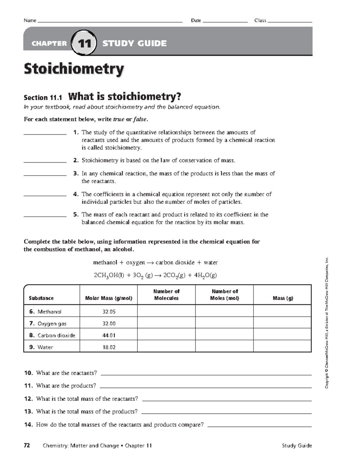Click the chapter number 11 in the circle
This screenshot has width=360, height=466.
[84, 44]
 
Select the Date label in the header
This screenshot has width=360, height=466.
[196, 20]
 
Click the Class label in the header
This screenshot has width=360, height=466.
[260, 20]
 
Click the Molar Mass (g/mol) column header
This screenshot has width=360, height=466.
[109, 298]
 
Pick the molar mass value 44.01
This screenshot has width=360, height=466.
[109, 335]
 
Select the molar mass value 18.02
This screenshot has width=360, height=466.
[109, 347]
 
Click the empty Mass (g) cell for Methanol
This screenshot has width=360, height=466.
[282, 311]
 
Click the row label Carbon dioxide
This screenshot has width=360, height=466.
[56, 335]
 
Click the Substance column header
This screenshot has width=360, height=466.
[41, 298]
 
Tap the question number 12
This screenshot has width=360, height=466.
[28, 399]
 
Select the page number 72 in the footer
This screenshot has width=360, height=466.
[27, 446]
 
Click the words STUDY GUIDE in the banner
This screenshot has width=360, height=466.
[134, 44]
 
